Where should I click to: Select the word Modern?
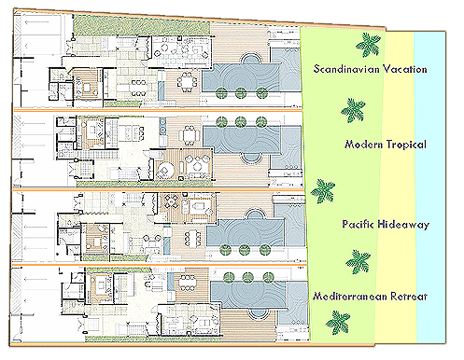363,145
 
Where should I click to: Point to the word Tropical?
406,145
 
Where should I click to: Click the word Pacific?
358,224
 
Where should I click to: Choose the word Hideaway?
403,225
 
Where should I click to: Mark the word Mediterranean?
350,296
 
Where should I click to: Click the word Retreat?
409,297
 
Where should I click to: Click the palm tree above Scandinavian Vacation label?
368,45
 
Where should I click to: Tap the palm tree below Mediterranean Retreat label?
338,323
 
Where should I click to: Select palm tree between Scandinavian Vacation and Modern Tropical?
353,110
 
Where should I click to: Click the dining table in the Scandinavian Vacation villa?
187,82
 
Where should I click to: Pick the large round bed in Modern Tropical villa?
165,170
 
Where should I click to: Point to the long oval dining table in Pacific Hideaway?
193,239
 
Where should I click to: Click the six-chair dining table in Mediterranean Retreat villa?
188,283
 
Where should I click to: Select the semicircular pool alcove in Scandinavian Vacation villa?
250,59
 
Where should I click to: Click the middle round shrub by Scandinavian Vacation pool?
241,93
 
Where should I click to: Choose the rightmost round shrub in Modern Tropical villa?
261,122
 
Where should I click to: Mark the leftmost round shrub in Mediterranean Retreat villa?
229,277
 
